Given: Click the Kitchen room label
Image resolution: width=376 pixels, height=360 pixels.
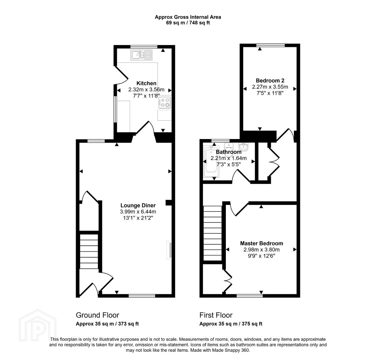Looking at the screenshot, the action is tap(146, 83).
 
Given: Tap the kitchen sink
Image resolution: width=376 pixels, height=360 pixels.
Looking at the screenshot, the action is tap(141, 55).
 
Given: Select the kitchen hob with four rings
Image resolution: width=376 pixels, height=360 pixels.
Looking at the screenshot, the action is tap(164, 102).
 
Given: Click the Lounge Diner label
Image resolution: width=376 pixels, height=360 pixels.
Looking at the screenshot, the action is tap(138, 205).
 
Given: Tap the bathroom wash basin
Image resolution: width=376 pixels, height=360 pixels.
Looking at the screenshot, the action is tap(244, 147).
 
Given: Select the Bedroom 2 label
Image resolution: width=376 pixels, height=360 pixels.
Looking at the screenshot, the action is tap(270, 80).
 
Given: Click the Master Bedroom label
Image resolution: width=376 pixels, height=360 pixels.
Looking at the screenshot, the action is tap(262, 243).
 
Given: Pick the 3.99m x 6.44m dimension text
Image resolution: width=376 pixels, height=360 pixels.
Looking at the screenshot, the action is tap(138, 212).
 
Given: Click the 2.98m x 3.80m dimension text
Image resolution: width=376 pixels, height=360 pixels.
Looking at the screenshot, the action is tap(262, 250).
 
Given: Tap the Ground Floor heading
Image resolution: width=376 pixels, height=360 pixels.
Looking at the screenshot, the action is tap(97, 315).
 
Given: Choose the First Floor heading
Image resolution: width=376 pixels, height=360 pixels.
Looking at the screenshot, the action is tap(216, 315).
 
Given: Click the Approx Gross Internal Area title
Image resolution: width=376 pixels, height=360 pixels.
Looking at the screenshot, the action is tap(188, 17).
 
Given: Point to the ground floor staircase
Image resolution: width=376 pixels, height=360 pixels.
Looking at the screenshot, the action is tap(89, 251).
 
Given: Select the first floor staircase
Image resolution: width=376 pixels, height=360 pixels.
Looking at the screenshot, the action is tap(213, 233).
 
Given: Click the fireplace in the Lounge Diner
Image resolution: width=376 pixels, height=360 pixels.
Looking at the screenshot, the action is tap(169, 250).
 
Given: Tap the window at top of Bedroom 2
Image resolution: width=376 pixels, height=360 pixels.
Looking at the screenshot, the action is tap(271, 45).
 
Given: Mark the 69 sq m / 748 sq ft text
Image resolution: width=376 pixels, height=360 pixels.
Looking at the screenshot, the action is tap(188, 23).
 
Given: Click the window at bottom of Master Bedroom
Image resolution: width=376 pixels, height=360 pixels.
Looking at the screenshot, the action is tap(250, 296).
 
